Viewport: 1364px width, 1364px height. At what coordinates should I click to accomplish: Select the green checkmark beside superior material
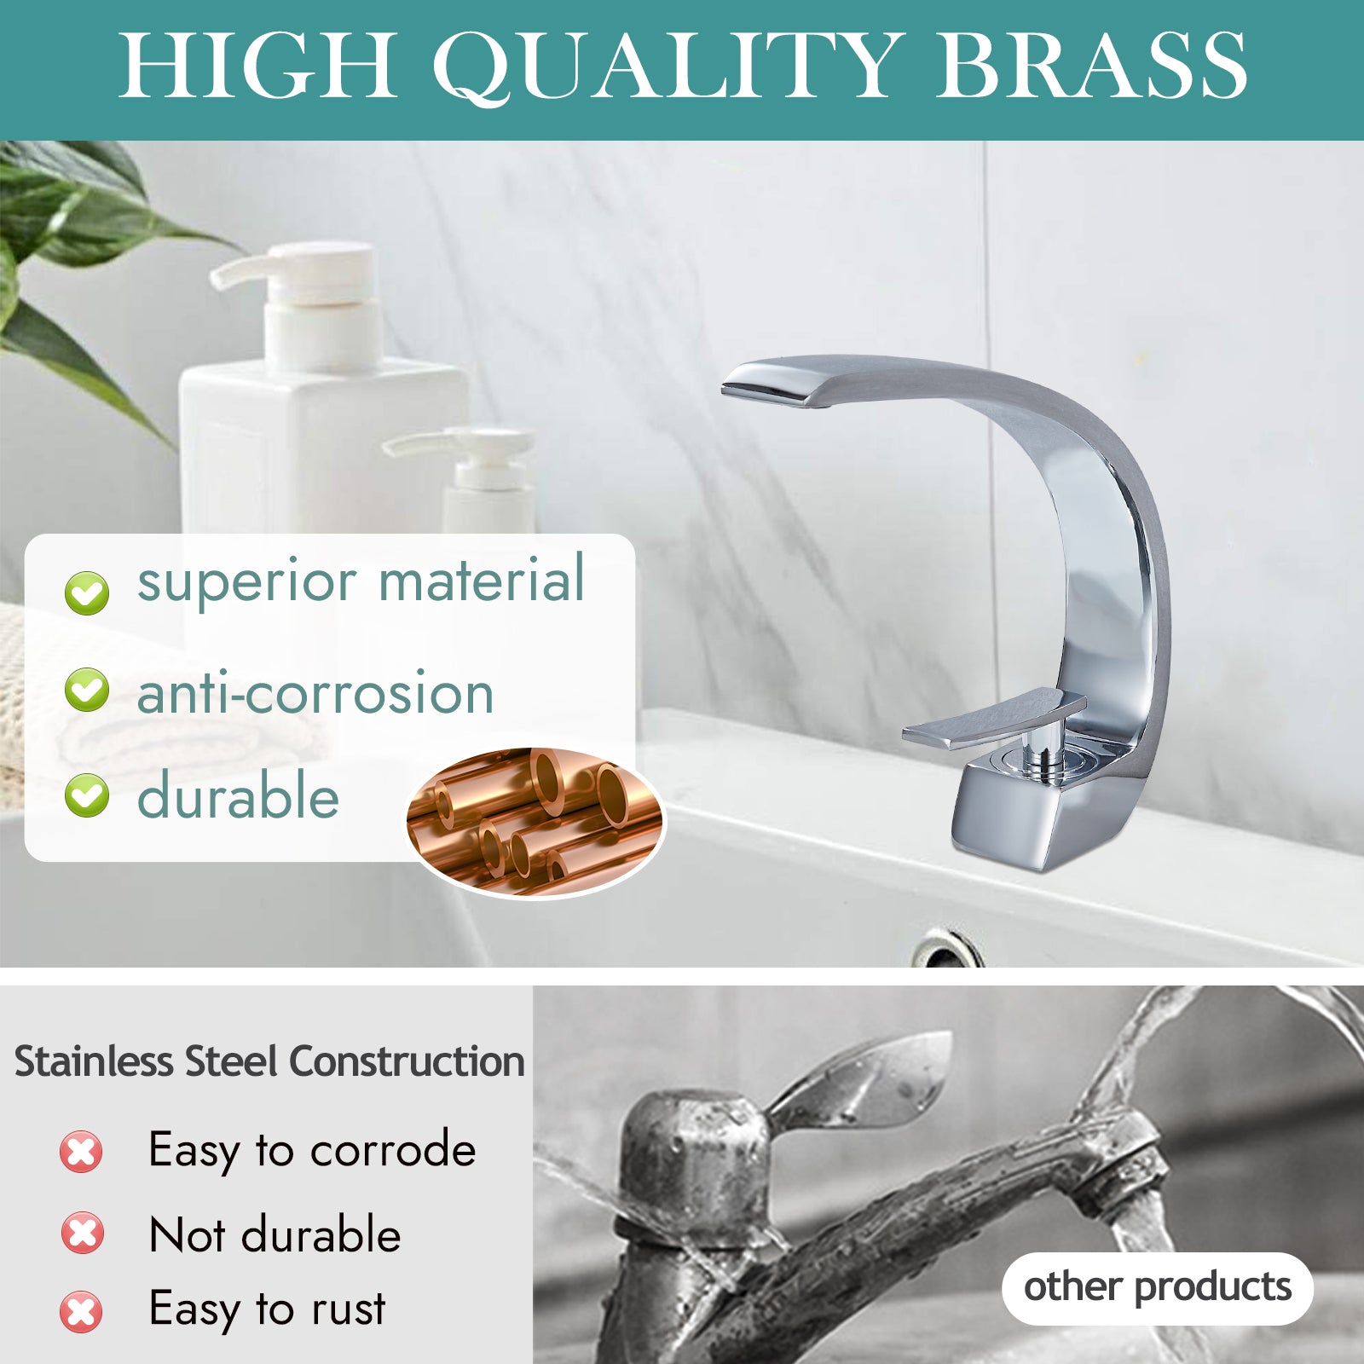pos(87,592)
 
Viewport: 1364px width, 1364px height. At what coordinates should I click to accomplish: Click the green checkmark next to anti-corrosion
pos(87,690)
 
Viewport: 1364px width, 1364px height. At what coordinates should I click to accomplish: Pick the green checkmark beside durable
pos(87,795)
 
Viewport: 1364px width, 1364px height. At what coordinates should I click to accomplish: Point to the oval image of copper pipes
pos(535,822)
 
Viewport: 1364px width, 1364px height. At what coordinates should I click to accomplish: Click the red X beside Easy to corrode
pos(81,1152)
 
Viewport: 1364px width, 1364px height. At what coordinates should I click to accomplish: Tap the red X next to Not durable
pos(83,1233)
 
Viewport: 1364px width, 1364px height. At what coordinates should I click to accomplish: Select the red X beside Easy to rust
pos(81,1311)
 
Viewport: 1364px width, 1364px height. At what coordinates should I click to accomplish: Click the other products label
pos(1157,1287)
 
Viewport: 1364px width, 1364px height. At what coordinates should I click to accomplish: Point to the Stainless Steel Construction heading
pos(269,1061)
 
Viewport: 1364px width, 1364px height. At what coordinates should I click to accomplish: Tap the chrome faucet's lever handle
pos(994,720)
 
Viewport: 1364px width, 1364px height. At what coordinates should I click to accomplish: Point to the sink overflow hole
pos(945,951)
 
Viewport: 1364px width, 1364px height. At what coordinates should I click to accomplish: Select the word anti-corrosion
pos(315,692)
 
